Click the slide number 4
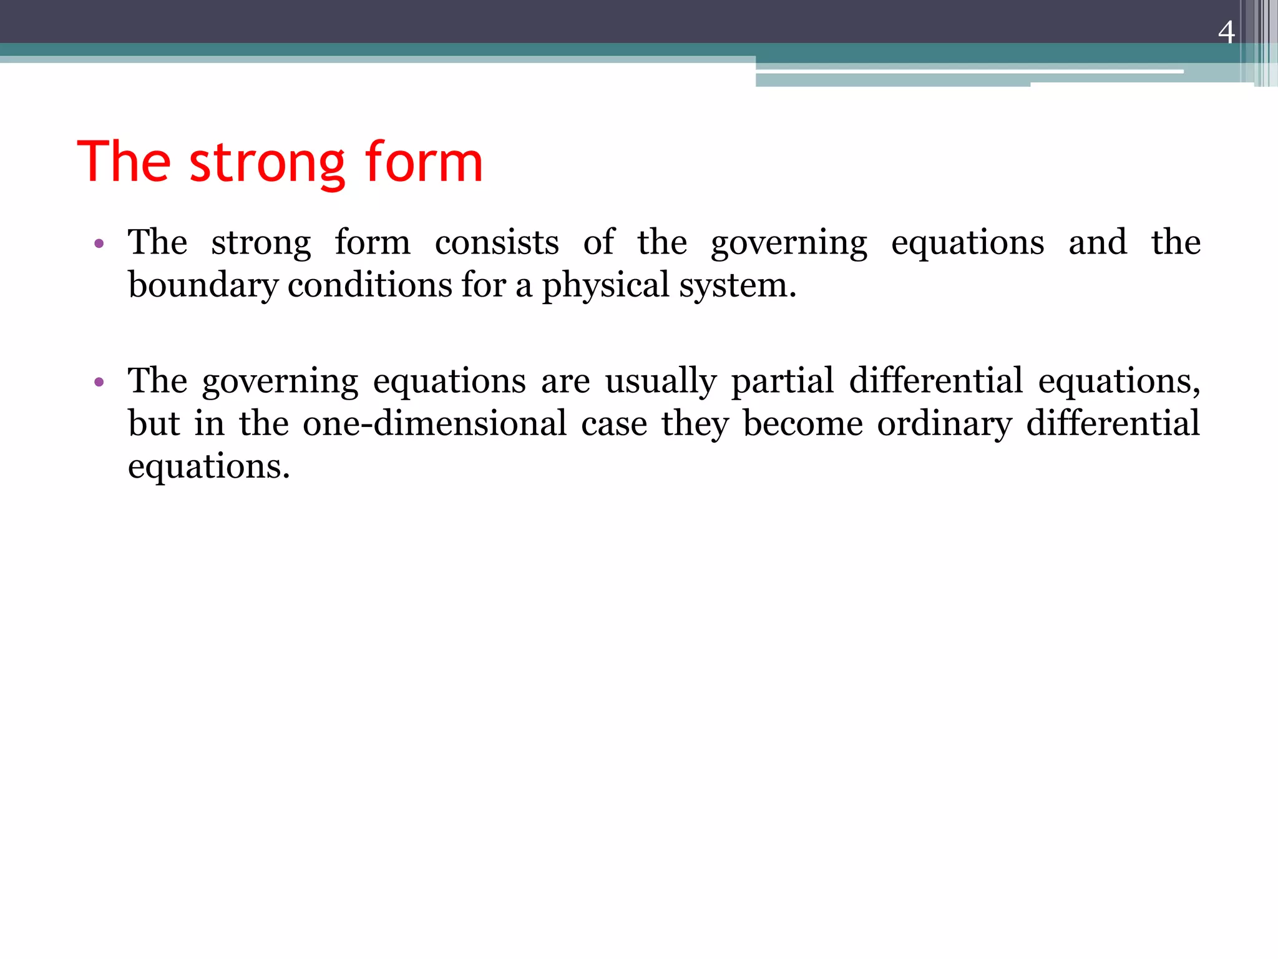tap(1226, 32)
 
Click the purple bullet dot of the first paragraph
tap(99, 243)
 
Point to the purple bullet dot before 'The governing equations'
tap(99, 381)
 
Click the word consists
tap(497, 242)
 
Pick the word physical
tap(605, 286)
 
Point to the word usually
tap(661, 381)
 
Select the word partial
tap(783, 381)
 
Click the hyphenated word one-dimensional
tap(435, 423)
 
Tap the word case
tap(614, 424)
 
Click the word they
tap(695, 425)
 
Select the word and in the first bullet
tap(1098, 242)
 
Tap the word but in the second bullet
tap(154, 423)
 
